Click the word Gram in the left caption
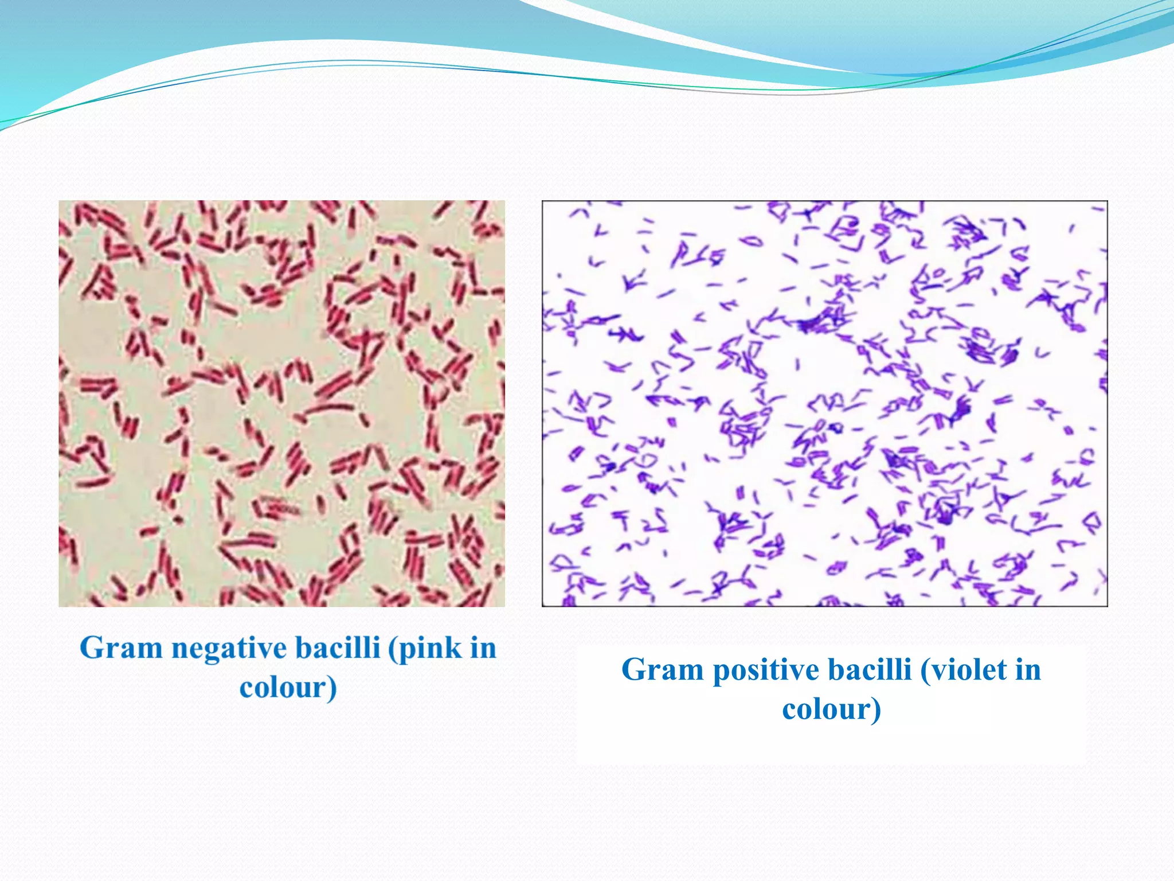pyautogui.click(x=121, y=649)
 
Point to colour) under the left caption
pyautogui.click(x=288, y=688)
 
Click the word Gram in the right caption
pyautogui.click(x=662, y=670)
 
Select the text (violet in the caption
pyautogui.click(x=963, y=670)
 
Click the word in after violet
pyautogui.click(x=1028, y=670)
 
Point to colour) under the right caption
pyautogui.click(x=831, y=710)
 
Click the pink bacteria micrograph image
pyautogui.click(x=281, y=403)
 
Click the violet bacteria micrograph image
pyautogui.click(x=824, y=403)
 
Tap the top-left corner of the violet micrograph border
pyautogui.click(x=543, y=201)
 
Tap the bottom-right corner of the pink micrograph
pyautogui.click(x=504, y=606)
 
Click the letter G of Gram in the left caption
pyautogui.click(x=92, y=649)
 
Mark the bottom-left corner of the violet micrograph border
pyautogui.click(x=543, y=606)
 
